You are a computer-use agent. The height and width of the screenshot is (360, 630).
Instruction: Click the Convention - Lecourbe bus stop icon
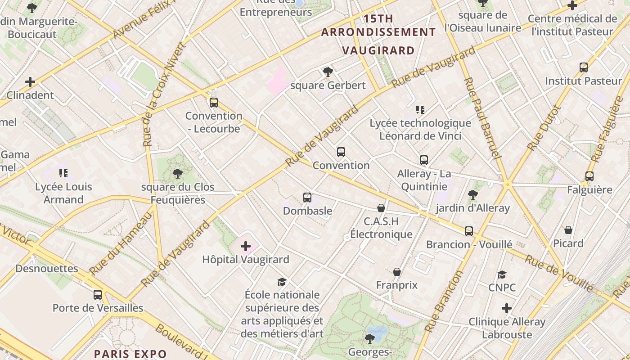pos(214,102)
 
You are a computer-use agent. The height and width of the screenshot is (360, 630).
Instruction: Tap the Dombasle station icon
pos(307,197)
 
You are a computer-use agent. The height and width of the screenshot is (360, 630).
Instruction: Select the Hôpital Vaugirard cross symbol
pos(246,246)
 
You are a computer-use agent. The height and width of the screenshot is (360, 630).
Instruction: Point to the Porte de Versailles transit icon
pos(98,295)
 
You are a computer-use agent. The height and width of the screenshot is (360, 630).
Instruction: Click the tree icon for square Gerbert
pos(328,72)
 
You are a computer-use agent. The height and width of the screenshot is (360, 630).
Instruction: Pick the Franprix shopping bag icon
pos(397,272)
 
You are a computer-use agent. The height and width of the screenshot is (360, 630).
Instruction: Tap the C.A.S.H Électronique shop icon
pos(381,208)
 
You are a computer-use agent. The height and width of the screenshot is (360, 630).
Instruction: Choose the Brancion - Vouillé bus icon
pos(469,231)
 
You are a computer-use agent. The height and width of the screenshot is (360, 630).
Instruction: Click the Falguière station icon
pos(589,176)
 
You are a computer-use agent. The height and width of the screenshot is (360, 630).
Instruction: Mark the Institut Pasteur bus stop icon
pos(584,67)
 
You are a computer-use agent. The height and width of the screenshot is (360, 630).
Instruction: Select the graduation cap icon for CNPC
pos(502,274)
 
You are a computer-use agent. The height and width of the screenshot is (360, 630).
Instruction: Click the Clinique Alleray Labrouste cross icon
pos(507,308)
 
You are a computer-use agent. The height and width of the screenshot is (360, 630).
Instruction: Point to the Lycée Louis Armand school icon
pos(63,173)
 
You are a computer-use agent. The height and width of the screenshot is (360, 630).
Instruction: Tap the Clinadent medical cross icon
pos(30,82)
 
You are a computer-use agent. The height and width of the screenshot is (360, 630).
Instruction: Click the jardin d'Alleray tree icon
pos(472,194)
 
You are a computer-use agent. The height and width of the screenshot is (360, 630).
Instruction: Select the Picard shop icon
pos(568,230)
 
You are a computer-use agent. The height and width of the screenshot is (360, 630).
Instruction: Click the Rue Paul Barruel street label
pos(482,118)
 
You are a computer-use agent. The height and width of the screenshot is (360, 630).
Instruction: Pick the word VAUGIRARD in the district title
pos(378,50)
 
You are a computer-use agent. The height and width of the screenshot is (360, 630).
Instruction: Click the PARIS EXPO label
pos(130,354)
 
